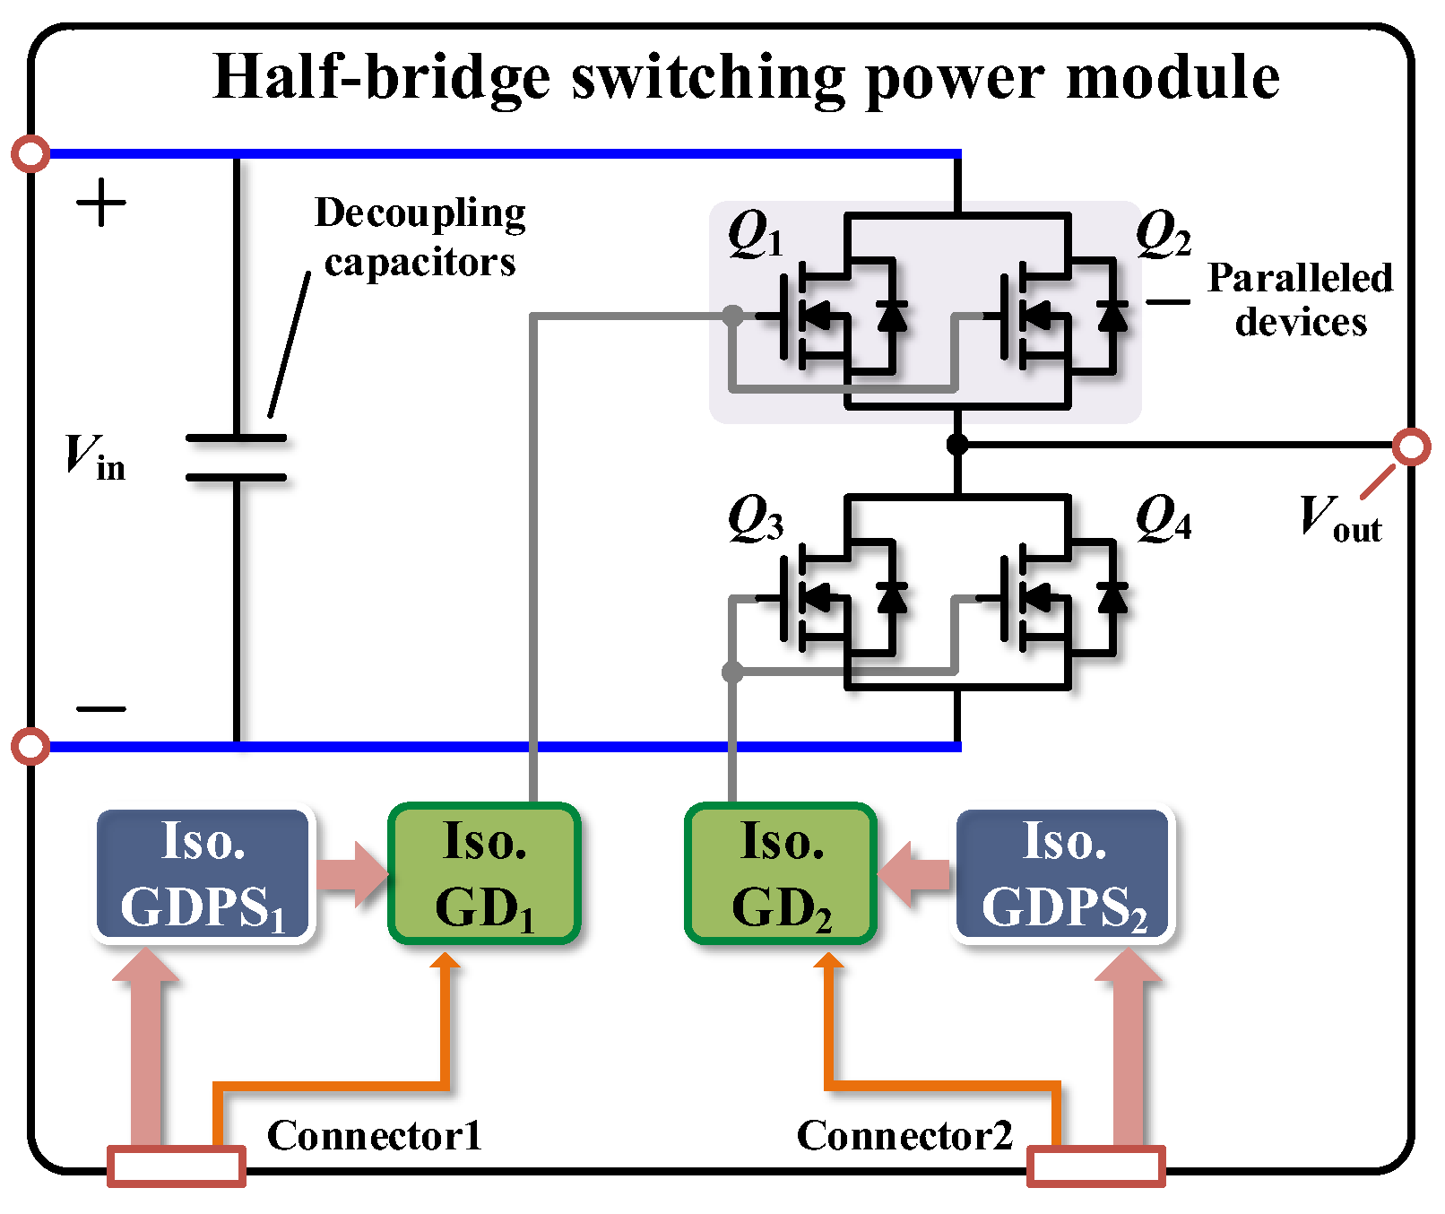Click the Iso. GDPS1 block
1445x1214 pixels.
[x=203, y=874]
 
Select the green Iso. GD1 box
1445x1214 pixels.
[x=484, y=874]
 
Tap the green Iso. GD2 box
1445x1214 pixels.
[x=781, y=874]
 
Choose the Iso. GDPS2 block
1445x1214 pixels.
[x=1064, y=874]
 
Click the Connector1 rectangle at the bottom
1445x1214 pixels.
[x=177, y=1166]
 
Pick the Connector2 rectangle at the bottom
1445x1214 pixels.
[x=1095, y=1166]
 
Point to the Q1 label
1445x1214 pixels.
[x=755, y=235]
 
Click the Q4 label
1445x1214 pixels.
[x=1163, y=520]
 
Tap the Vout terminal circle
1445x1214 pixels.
[x=1412, y=446]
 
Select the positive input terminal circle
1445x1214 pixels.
[x=31, y=154]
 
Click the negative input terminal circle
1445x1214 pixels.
[x=31, y=746]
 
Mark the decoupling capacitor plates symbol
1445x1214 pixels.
[x=237, y=458]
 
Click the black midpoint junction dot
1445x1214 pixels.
[x=957, y=445]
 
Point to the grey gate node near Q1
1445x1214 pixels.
[x=732, y=316]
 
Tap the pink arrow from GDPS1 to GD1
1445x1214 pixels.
[x=352, y=874]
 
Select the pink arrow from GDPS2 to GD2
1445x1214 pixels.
[x=914, y=874]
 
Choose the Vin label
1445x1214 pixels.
[x=94, y=457]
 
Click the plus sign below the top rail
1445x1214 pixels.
[x=101, y=204]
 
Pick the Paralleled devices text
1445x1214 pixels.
[x=1300, y=300]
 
